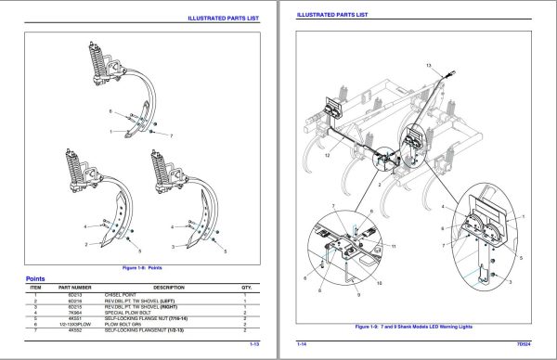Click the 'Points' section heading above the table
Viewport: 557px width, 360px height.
37,277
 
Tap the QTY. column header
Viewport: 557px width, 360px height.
246,287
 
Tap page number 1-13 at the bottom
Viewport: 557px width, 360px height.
254,344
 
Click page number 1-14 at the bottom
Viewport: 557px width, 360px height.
302,344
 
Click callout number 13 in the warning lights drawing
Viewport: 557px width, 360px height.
429,66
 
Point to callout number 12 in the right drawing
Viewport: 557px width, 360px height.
326,156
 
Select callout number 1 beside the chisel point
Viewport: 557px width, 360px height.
110,131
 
